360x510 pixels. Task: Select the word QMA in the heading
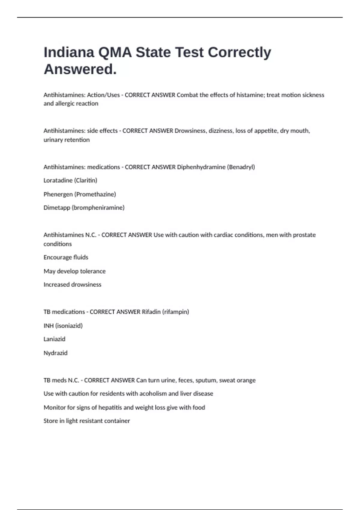click(115, 52)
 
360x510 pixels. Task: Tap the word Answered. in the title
click(80, 69)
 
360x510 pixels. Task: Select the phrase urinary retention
click(67, 140)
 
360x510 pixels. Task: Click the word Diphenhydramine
click(201, 167)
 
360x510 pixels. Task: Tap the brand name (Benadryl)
click(241, 167)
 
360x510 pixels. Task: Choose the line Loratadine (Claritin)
click(70, 180)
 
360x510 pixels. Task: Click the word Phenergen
click(58, 194)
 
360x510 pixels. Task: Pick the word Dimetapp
click(57, 208)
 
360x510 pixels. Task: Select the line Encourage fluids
click(66, 257)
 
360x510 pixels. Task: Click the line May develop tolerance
click(74, 271)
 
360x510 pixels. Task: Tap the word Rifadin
click(151, 312)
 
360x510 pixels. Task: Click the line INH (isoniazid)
click(63, 326)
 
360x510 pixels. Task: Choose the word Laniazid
click(54, 339)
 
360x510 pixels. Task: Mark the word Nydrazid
click(55, 353)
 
